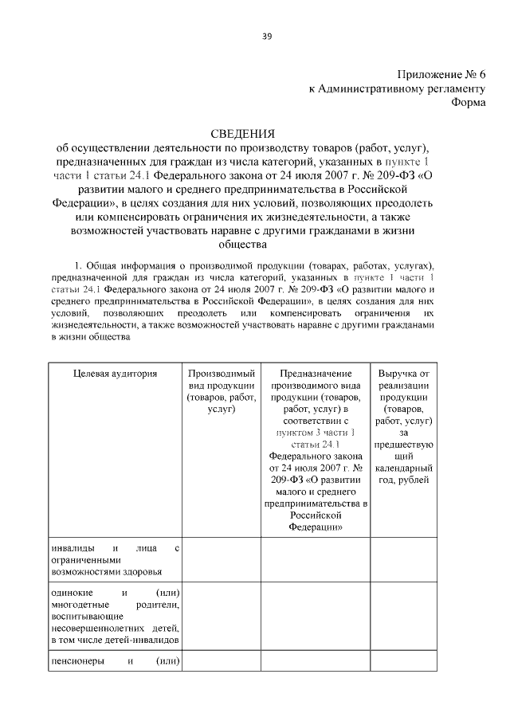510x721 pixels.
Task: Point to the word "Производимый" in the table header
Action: (222, 373)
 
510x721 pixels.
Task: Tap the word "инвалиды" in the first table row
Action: (70, 549)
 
